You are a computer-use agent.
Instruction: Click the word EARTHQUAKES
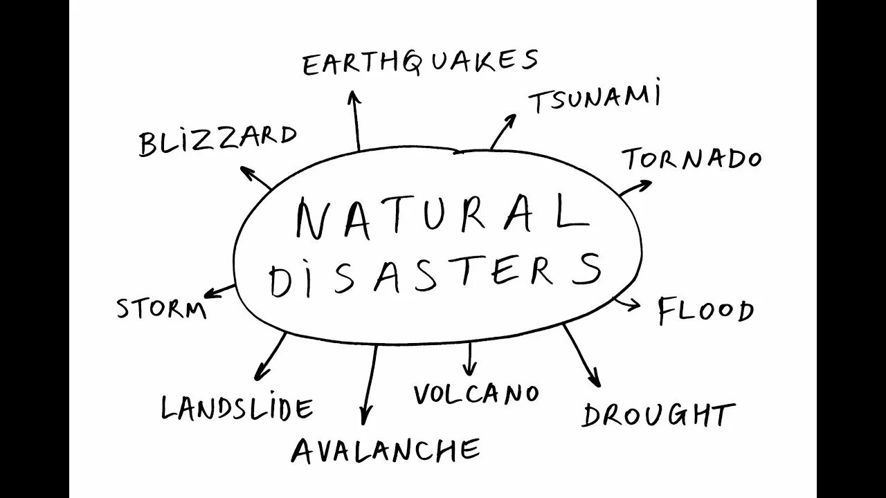pyautogui.click(x=420, y=63)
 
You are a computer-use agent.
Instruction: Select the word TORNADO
pyautogui.click(x=692, y=160)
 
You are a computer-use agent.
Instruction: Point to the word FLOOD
pyautogui.click(x=705, y=311)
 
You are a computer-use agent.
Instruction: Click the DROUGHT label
pyautogui.click(x=658, y=415)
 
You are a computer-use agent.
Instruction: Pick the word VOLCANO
pyautogui.click(x=476, y=394)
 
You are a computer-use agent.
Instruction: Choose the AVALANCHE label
pyautogui.click(x=386, y=451)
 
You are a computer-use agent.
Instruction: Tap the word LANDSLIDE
pyautogui.click(x=237, y=408)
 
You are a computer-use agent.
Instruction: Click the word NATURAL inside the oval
pyautogui.click(x=441, y=216)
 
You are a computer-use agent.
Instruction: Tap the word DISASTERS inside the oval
pyautogui.click(x=435, y=273)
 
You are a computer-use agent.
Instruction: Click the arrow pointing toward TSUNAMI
pyautogui.click(x=503, y=131)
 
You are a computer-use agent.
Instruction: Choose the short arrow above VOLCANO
pyautogui.click(x=471, y=358)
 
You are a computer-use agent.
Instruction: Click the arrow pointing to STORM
pyautogui.click(x=221, y=290)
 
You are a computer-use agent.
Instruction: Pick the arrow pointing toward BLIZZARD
pyautogui.click(x=255, y=177)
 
